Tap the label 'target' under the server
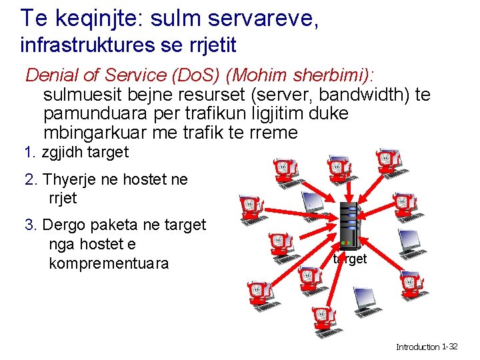tap(350, 259)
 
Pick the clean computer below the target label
tap(365, 301)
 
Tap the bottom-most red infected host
tap(321, 319)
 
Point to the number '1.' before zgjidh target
tap(29, 152)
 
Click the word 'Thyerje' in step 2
tap(73, 180)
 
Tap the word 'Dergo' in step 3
tap(65, 225)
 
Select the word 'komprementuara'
tap(109, 263)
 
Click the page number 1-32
tap(450, 347)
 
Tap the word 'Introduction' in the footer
tap(418, 347)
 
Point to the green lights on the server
tap(345, 242)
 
